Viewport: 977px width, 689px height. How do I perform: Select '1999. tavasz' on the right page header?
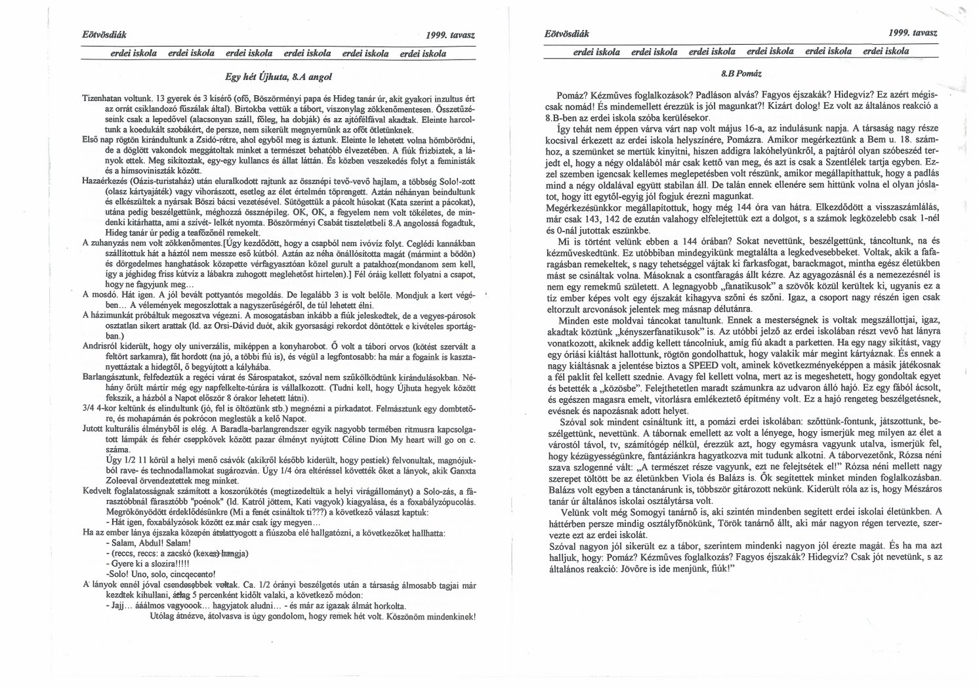[912, 31]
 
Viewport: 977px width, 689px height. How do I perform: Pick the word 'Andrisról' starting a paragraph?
[100, 346]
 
